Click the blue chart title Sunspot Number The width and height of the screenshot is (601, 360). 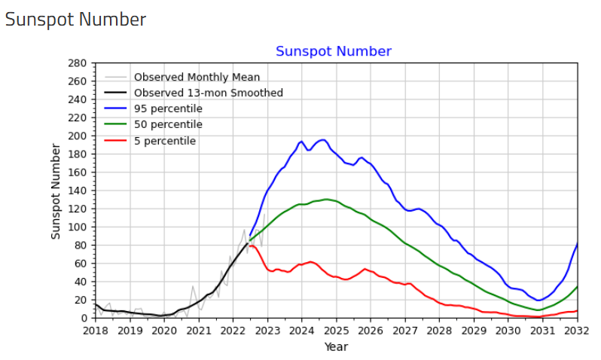(334, 51)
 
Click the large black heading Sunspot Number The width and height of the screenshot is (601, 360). (75, 20)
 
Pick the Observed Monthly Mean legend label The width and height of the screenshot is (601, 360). (197, 78)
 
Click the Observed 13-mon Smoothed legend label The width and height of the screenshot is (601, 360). (208, 93)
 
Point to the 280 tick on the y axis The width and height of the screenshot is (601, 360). (78, 63)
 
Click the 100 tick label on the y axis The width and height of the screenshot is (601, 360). (78, 227)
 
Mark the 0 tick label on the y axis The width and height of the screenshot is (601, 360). (84, 319)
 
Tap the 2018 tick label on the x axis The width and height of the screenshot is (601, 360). (96, 331)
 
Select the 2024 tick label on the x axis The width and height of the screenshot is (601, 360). (302, 331)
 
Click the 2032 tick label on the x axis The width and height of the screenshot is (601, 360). (577, 331)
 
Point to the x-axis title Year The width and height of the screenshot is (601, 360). (336, 347)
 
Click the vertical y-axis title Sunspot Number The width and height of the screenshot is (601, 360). (56, 191)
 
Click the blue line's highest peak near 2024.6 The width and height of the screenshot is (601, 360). (323, 139)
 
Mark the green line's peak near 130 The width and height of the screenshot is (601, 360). (326, 200)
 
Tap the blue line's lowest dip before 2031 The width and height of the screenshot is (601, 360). (538, 301)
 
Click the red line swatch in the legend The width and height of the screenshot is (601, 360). (115, 141)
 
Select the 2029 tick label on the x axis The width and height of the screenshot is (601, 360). (474, 331)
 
